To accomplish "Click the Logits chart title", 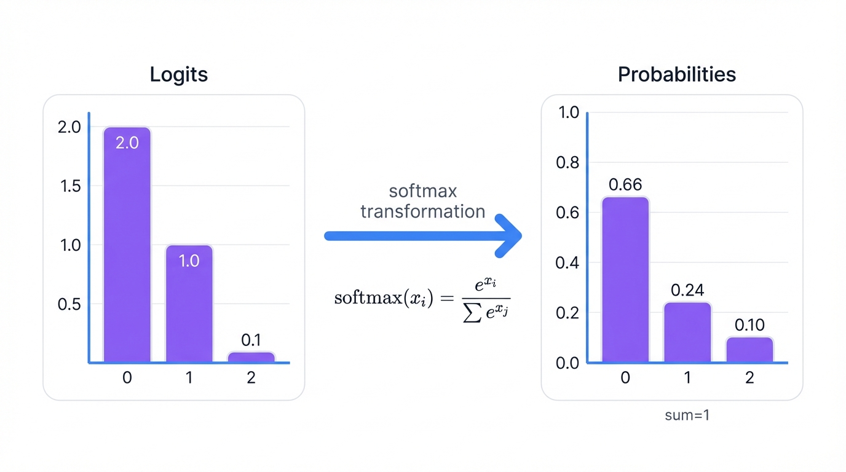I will [x=179, y=74].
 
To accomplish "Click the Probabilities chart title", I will [x=676, y=74].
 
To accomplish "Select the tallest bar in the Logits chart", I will [x=127, y=246].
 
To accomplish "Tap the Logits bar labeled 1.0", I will [x=189, y=304].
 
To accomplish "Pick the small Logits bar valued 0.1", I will [x=251, y=357].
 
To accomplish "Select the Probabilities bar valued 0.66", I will [x=625, y=280].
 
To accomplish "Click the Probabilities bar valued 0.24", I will [x=687, y=332].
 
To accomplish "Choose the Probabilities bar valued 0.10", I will [x=749, y=350].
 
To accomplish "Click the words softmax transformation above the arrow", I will [x=422, y=201].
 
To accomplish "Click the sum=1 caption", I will [x=687, y=415].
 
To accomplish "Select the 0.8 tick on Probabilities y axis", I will [x=567, y=163].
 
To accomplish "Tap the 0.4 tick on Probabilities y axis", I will [x=567, y=263].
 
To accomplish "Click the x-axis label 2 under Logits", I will [x=251, y=377].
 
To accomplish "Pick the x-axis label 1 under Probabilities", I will [x=687, y=377].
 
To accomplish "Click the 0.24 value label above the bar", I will [x=687, y=290].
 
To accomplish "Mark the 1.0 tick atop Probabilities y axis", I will [x=567, y=112].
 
